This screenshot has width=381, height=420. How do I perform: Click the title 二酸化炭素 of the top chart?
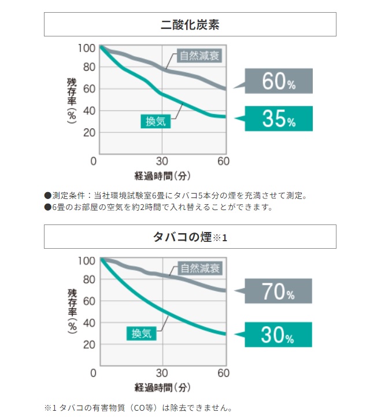click(x=190, y=25)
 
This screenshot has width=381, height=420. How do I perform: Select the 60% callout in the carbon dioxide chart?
click(x=278, y=82)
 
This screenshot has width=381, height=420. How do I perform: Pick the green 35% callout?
click(x=278, y=119)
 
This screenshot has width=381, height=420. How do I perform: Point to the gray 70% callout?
click(x=278, y=292)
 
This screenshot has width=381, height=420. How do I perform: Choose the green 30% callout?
click(x=278, y=335)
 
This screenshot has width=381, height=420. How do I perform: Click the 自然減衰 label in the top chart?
click(x=201, y=56)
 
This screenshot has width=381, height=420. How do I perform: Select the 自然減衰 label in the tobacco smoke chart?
click(x=201, y=268)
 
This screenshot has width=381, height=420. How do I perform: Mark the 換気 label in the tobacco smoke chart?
click(x=142, y=333)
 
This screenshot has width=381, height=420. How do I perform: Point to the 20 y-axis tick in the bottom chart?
click(x=89, y=344)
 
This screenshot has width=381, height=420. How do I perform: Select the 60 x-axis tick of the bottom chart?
click(x=224, y=373)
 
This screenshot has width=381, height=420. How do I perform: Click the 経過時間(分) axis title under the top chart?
click(x=162, y=175)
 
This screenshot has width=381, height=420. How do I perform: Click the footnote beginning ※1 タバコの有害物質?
click(x=139, y=407)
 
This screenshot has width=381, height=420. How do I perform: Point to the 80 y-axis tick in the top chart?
click(x=89, y=68)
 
